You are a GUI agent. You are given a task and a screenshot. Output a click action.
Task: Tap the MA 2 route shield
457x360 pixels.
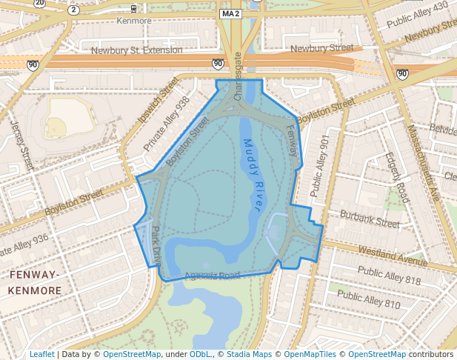click(230, 14)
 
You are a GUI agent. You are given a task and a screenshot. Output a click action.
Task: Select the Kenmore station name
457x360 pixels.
click(134, 21)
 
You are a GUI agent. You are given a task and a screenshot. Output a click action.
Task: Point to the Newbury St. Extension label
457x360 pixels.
click(137, 50)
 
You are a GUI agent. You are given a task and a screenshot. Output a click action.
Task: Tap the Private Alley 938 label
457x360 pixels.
click(167, 124)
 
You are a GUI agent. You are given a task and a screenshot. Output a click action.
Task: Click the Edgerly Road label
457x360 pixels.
click(397, 178)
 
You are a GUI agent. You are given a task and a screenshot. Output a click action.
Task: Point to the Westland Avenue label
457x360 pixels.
click(393, 256)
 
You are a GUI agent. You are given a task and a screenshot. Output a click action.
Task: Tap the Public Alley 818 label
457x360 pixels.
click(389, 276)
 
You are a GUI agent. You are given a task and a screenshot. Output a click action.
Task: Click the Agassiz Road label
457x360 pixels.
click(213, 276)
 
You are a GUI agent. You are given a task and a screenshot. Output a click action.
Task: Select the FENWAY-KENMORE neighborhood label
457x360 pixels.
click(35, 283)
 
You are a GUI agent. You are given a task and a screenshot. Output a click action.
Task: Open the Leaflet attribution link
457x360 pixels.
click(41, 354)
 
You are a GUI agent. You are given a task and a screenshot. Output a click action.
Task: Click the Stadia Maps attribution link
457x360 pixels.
click(250, 354)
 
